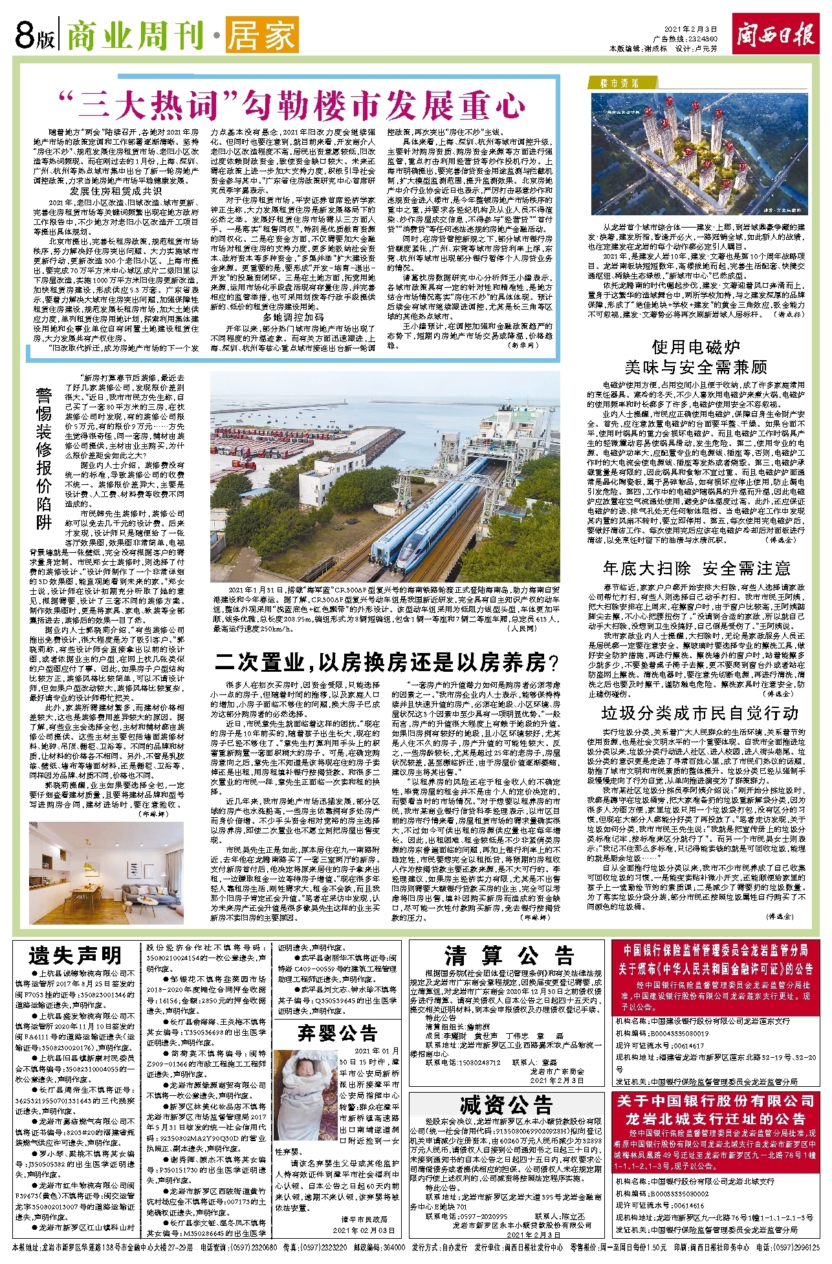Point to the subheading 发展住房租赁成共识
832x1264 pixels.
116,191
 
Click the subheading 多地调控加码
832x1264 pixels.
293,317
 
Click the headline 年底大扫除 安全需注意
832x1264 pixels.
696,569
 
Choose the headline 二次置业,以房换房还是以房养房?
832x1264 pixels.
386,663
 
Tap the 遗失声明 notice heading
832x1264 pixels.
75,956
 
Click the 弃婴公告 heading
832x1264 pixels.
337,1033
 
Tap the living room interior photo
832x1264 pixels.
106,872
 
